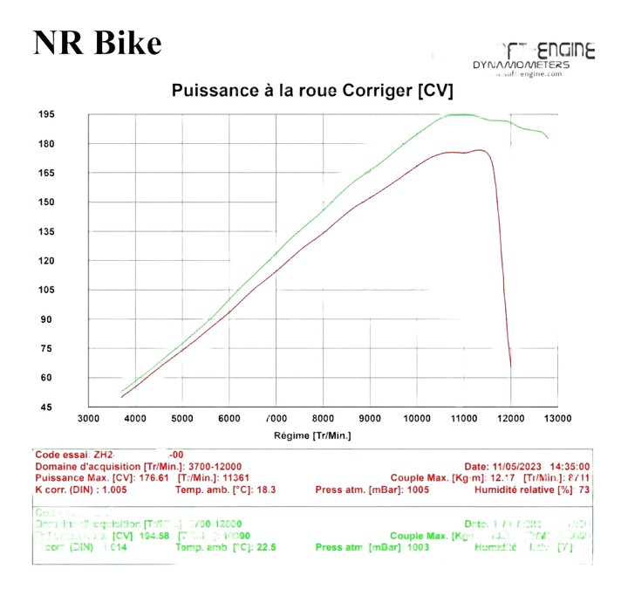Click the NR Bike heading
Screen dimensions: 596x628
97,43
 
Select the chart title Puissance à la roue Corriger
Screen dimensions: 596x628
312,90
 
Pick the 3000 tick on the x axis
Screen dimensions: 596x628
89,419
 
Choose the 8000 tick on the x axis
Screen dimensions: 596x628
323,419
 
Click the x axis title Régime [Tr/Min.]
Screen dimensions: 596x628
311,435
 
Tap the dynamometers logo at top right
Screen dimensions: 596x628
533,59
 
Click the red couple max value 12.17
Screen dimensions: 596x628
500,477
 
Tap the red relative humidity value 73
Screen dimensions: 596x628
585,489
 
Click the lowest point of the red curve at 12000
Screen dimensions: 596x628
510,367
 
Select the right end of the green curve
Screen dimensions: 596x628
549,138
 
